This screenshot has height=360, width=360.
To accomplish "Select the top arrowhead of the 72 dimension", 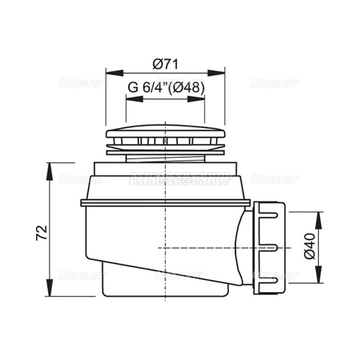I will [50, 166].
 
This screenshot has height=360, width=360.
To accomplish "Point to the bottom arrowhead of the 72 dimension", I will [50, 295].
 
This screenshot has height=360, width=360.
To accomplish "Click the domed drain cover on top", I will [165, 138].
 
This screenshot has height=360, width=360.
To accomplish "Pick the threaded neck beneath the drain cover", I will [165, 155].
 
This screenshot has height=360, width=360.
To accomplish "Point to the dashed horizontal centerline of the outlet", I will [216, 247].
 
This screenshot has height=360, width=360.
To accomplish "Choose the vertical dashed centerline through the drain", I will [165, 230].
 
